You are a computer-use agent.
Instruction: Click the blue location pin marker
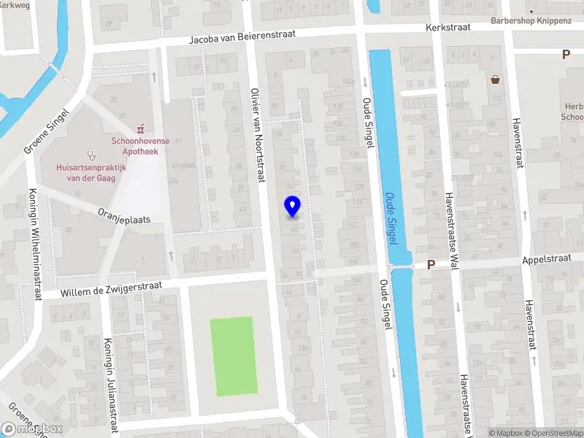pos(292,206)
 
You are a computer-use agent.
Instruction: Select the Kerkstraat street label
pos(448,28)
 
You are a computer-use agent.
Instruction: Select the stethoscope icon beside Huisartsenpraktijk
pos(92,155)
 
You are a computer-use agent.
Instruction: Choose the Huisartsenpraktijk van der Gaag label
pos(91,172)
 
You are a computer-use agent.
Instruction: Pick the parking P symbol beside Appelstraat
pos(431,265)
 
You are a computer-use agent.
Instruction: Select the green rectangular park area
pos(232,357)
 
